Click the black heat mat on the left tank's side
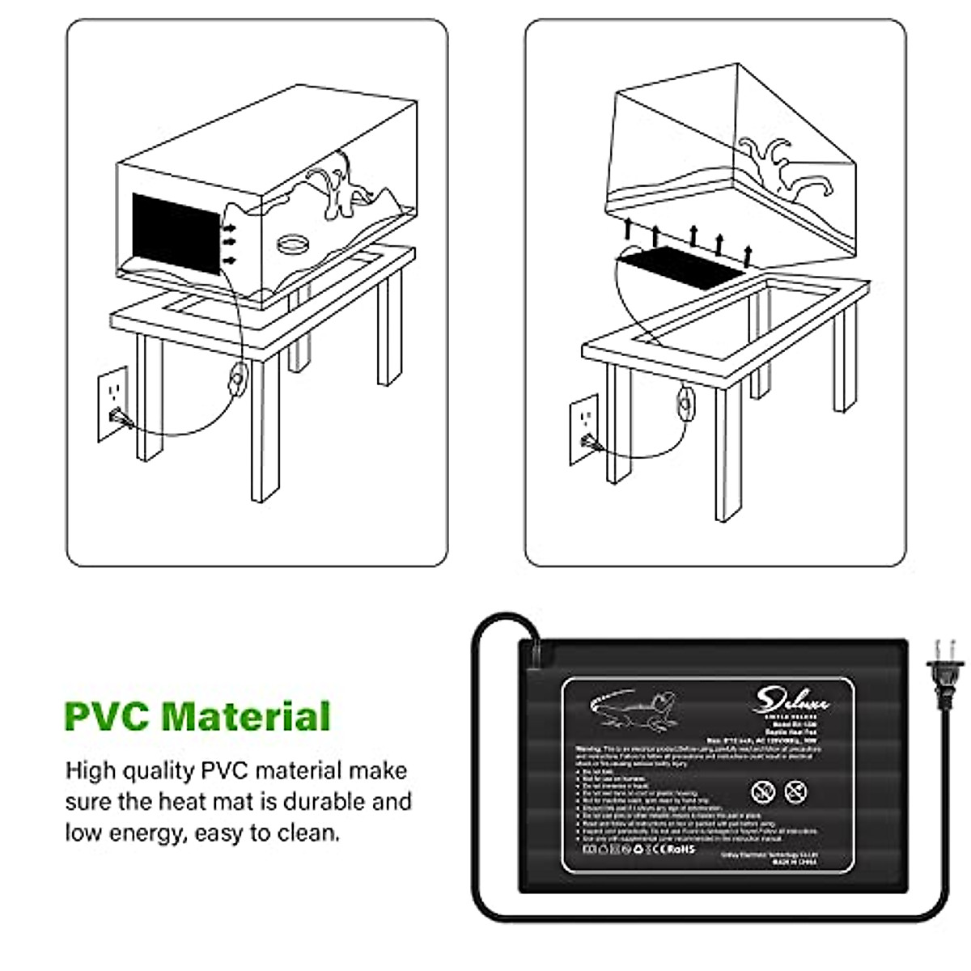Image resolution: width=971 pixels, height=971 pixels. pos(176,235)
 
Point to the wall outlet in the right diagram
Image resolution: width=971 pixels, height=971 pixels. pos(584,429)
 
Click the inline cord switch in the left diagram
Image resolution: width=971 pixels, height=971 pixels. pos(238,378)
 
